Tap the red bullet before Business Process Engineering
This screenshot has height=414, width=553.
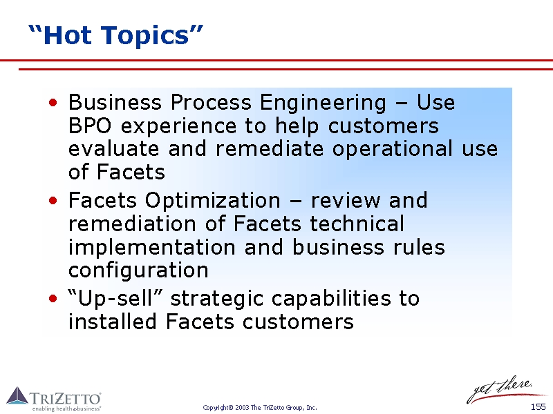pyautogui.click(x=53, y=102)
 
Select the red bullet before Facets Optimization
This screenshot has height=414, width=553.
pyautogui.click(x=53, y=201)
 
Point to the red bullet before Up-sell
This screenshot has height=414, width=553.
pyautogui.click(x=53, y=299)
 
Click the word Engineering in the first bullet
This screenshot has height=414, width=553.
pyautogui.click(x=323, y=103)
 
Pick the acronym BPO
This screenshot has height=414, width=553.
pyautogui.click(x=90, y=126)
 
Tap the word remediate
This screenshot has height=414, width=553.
pyautogui.click(x=270, y=149)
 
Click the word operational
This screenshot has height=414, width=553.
pyautogui.click(x=392, y=149)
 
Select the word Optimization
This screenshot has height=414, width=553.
pyautogui.click(x=213, y=201)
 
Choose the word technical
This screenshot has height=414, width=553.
pyautogui.click(x=357, y=224)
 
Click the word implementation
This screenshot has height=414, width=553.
pyautogui.click(x=151, y=248)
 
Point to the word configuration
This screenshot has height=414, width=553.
pyautogui.click(x=138, y=271)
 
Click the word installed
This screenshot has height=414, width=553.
pyautogui.click(x=112, y=322)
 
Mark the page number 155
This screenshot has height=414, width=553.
pyautogui.click(x=538, y=407)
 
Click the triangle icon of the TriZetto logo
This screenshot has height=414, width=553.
pyautogui.click(x=17, y=395)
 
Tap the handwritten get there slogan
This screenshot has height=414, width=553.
pyautogui.click(x=500, y=389)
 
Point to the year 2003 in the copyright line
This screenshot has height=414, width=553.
pyautogui.click(x=243, y=408)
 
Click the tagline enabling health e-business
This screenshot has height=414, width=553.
pyautogui.click(x=66, y=408)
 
